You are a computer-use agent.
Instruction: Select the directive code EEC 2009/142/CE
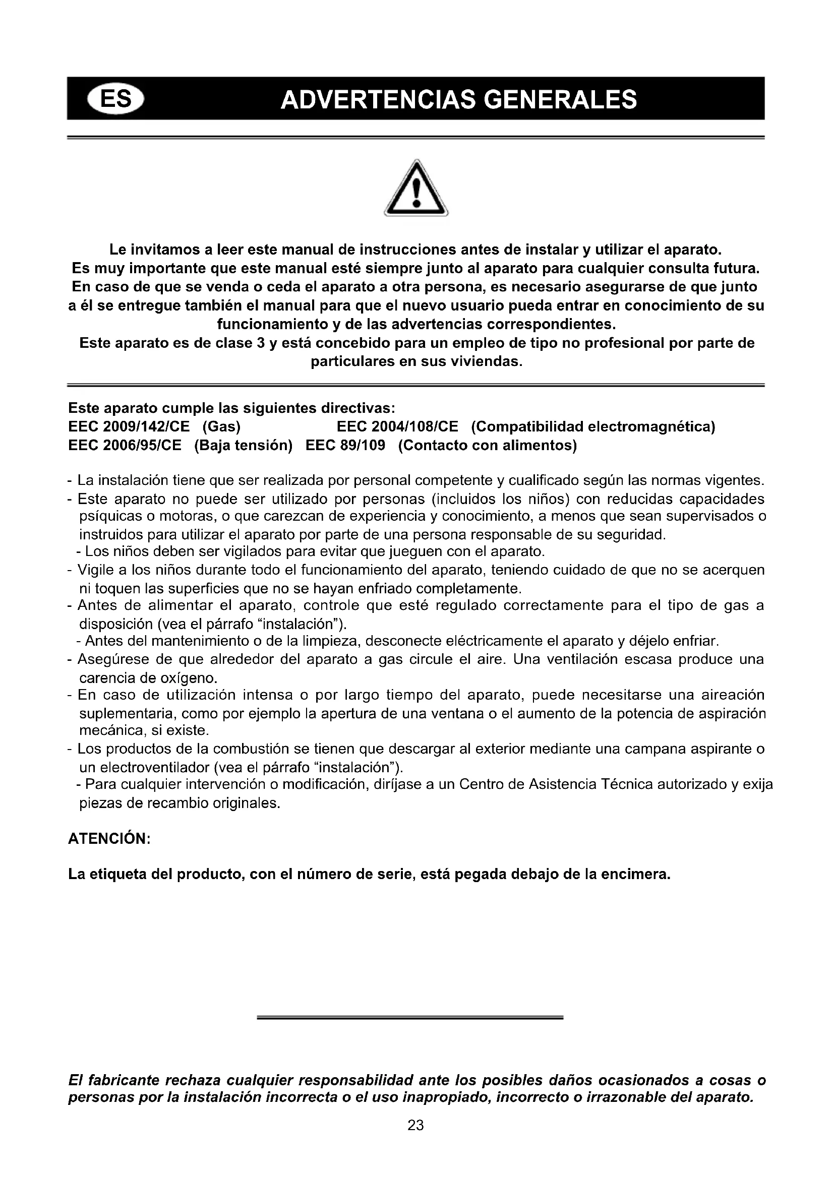(129, 427)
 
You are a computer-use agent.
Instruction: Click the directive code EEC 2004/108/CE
(397, 427)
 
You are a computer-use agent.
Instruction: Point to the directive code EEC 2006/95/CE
(125, 445)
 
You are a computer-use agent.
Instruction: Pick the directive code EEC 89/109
(345, 445)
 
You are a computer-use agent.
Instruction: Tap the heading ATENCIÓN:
(109, 839)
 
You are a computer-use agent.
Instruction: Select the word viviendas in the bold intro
(485, 361)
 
